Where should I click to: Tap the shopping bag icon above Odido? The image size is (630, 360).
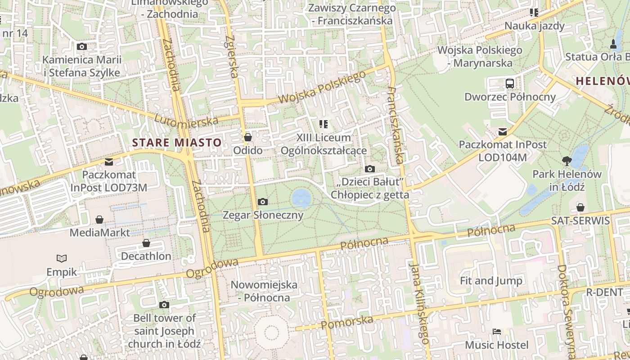(x=247, y=137)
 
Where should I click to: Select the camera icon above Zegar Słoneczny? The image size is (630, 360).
(x=263, y=202)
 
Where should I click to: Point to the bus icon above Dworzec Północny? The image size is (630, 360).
(x=509, y=83)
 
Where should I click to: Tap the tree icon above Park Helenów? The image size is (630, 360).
(x=567, y=160)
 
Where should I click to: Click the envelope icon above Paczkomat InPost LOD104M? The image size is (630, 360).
(x=502, y=132)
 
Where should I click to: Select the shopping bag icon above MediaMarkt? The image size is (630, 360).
(x=99, y=220)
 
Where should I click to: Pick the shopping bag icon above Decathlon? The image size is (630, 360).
(x=146, y=243)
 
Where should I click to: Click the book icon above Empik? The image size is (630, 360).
(x=62, y=258)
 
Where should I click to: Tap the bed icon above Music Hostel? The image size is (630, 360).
(x=497, y=332)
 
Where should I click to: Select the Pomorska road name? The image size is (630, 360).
(x=347, y=322)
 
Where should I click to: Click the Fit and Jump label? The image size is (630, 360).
(x=491, y=281)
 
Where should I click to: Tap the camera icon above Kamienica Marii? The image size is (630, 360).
(x=81, y=46)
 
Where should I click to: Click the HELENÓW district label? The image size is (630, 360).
(x=602, y=81)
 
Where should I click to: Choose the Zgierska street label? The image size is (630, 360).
(x=231, y=56)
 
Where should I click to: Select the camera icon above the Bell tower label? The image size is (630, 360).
(x=164, y=305)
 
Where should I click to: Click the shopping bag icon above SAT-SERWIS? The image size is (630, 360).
(x=580, y=207)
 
